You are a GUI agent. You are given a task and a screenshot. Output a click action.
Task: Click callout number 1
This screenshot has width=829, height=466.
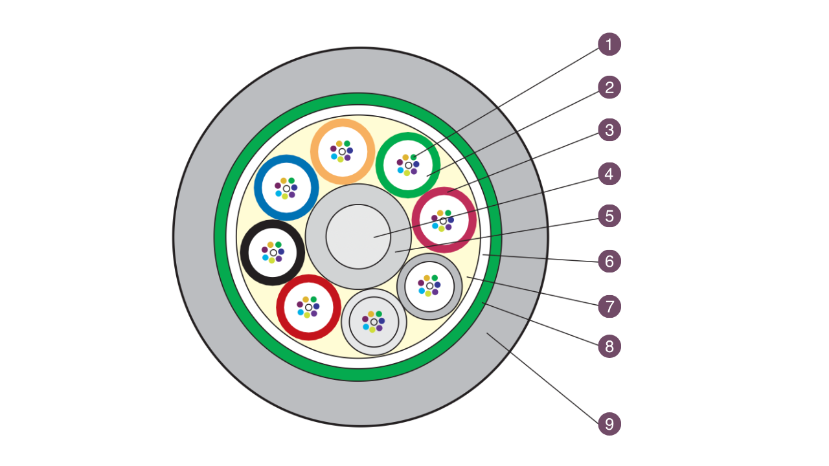[609, 45]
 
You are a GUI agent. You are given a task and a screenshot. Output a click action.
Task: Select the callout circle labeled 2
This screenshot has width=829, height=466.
[609, 87]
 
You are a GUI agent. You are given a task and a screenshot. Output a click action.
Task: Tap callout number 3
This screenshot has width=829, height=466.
[609, 130]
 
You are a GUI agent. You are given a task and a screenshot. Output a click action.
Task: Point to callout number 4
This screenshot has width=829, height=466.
[609, 173]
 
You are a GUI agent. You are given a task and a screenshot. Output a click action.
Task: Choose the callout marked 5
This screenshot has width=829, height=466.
[609, 216]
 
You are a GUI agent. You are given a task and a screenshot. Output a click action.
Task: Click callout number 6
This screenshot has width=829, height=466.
[609, 261]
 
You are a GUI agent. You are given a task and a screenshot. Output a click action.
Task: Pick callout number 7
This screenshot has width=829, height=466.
[609, 305]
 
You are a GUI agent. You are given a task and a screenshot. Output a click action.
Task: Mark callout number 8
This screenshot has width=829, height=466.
[609, 346]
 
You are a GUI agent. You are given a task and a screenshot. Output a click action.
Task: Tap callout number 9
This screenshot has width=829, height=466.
[609, 424]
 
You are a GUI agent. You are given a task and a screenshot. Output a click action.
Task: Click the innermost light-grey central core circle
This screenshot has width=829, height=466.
[358, 236]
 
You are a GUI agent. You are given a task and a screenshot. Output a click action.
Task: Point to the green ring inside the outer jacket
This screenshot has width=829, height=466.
[221, 236]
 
